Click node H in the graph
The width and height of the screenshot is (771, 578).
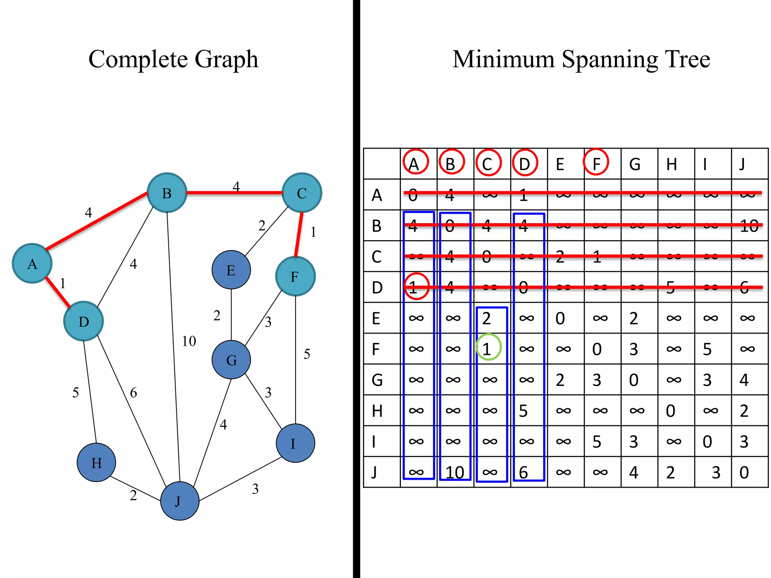tap(96, 462)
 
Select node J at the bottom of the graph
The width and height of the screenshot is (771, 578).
tap(180, 501)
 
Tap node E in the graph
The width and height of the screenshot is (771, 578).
tap(231, 270)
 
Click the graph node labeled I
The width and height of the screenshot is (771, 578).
tap(295, 443)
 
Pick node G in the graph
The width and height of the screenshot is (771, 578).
tap(231, 360)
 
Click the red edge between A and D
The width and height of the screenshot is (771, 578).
tap(58, 292)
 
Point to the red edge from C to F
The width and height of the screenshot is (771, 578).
tap(299, 234)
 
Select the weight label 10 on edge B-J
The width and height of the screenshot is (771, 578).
tap(189, 341)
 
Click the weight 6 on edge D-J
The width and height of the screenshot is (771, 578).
tap(134, 393)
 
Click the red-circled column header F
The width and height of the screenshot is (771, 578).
tap(596, 163)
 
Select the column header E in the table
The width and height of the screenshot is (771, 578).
tap(560, 164)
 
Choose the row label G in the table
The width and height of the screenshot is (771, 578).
tap(377, 380)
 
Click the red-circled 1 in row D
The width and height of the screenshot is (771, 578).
tap(416, 287)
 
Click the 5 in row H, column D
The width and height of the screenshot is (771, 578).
tap(523, 411)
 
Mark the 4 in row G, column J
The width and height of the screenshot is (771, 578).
tap(744, 380)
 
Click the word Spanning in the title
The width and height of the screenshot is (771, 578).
tap(609, 59)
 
